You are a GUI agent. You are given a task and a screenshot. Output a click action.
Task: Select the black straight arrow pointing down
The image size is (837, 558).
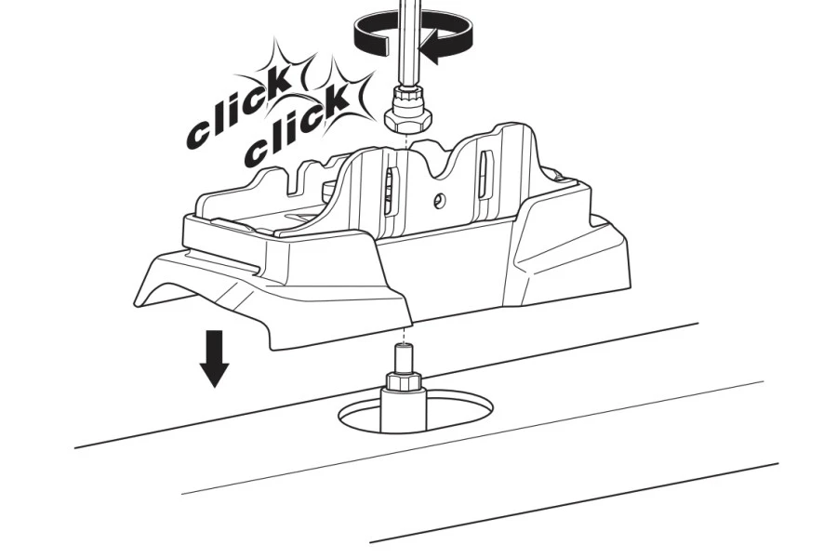pos(214,358)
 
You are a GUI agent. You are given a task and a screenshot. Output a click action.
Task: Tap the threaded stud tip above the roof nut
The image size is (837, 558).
pos(403,359)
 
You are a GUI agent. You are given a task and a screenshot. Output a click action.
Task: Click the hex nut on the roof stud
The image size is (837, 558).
pos(404,381)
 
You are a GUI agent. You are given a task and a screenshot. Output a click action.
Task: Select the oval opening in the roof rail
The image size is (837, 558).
pos(416,411)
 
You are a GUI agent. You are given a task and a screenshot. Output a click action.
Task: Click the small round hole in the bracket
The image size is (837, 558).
pos(440,200)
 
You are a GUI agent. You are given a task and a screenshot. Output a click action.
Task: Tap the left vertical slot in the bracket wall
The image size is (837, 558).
pos(390,192)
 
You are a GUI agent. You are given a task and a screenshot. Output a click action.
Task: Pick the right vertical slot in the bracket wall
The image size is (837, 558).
pos(485,175)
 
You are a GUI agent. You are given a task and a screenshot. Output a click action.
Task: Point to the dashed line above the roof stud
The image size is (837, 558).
pos(404,335)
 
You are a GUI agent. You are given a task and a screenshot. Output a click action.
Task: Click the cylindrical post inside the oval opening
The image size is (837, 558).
pos(403,410)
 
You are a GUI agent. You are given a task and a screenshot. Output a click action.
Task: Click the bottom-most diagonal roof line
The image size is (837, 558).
pos(574,503)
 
